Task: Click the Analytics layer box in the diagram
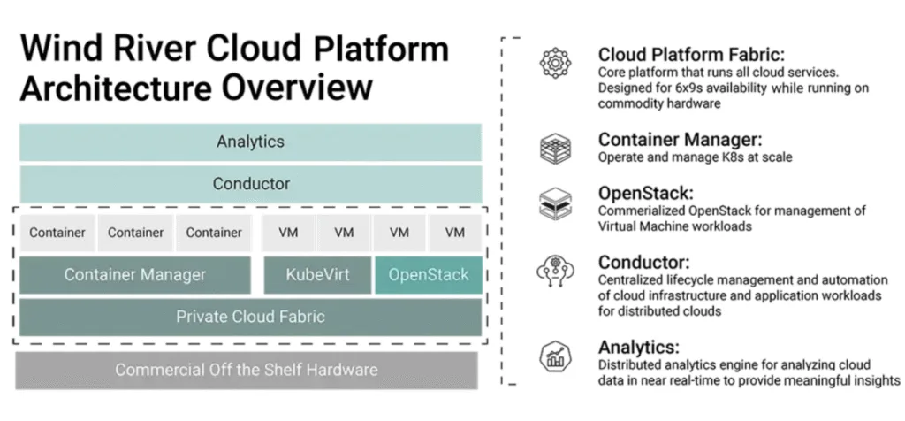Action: (x=250, y=142)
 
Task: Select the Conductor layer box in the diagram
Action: (x=250, y=184)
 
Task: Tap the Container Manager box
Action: (x=134, y=274)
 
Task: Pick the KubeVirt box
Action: (x=316, y=274)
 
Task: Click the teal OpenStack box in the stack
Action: (x=429, y=274)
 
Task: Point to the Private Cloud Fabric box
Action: (x=250, y=317)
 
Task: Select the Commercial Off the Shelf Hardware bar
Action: (x=247, y=370)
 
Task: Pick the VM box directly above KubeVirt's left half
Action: (x=288, y=233)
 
